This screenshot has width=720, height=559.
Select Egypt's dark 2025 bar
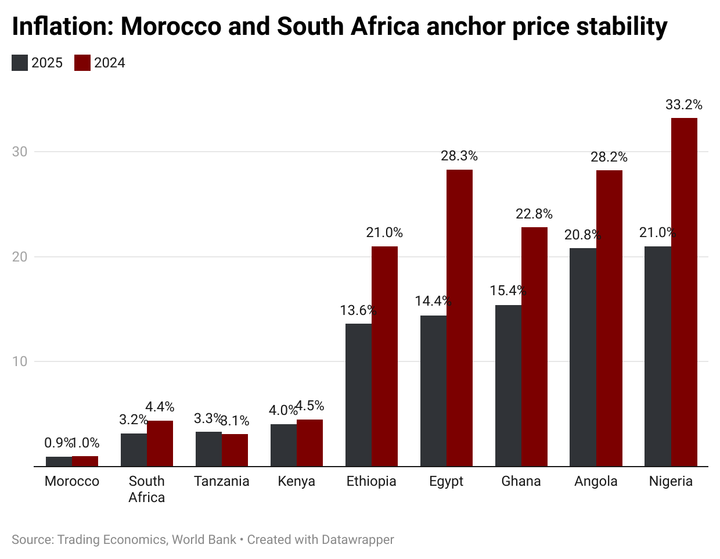[433, 390]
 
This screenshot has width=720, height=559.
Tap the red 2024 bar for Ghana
[534, 346]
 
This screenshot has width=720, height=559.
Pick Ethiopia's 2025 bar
[358, 395]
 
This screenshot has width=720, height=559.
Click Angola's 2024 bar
[609, 318]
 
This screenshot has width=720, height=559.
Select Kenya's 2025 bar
[283, 445]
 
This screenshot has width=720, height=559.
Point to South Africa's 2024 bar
[160, 443]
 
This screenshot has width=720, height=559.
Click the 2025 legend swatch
[20, 63]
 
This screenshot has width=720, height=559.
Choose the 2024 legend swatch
[82, 63]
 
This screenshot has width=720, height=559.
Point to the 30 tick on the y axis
[20, 152]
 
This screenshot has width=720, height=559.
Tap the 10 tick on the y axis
[20, 361]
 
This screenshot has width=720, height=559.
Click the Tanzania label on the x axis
[222, 481]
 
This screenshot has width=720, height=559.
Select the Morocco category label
[72, 481]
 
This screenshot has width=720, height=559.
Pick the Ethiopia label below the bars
[372, 481]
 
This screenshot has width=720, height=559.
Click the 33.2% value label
[684, 105]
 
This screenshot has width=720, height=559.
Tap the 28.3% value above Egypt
[459, 156]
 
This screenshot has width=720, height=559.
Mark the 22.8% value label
[534, 214]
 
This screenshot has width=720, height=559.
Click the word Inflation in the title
[62, 27]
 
